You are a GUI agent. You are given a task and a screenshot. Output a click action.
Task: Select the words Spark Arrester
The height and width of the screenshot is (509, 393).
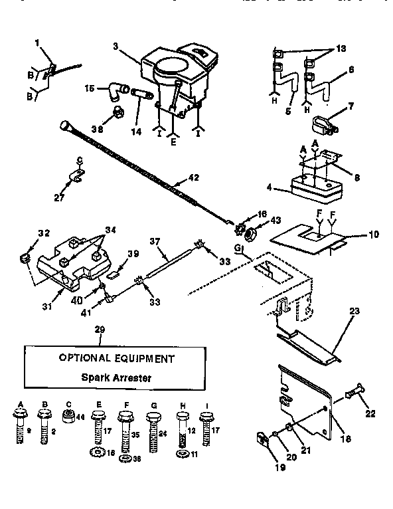pyautogui.click(x=116, y=377)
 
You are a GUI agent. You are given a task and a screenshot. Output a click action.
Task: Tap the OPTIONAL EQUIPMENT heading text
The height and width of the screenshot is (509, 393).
pyautogui.click(x=117, y=358)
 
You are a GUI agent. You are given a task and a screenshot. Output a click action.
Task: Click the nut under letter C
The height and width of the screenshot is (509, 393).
pyautogui.click(x=66, y=417)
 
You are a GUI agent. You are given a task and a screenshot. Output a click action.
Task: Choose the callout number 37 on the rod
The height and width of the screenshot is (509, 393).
pyautogui.click(x=155, y=242)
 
